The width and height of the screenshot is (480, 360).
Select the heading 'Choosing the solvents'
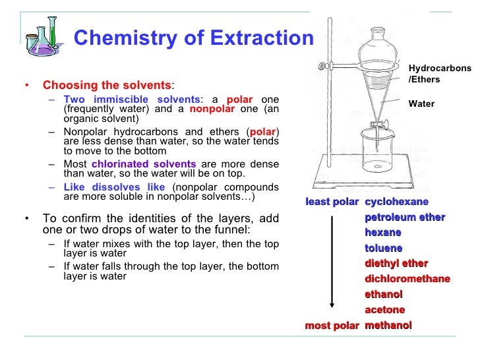point(107,86)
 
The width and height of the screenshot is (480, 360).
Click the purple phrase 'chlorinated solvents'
point(144,164)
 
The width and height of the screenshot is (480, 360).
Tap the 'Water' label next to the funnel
point(421,104)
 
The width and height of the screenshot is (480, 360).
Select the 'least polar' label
point(332,202)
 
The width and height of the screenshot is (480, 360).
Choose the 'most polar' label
point(332,326)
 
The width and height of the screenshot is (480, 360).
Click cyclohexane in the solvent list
point(396,202)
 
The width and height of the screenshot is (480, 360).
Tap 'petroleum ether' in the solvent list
point(404,217)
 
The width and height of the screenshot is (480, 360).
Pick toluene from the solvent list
point(383,248)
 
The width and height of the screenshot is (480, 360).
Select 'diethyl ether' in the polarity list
point(396,264)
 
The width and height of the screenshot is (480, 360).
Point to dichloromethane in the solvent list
point(407,279)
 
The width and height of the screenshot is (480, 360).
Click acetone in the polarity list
point(384,310)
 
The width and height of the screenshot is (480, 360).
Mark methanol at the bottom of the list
point(388,326)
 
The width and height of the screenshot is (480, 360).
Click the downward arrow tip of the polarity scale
point(332,307)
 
